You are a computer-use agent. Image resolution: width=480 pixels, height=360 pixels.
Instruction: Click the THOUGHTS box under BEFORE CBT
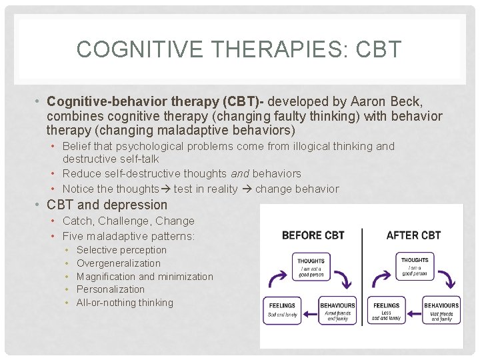pos(311,266)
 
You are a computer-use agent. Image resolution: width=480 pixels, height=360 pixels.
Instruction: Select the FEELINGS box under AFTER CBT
pos(386,311)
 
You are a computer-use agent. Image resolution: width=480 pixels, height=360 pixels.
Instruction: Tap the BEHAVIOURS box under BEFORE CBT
pos(337,311)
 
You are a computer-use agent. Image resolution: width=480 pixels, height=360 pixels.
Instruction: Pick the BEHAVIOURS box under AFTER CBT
pos(441,311)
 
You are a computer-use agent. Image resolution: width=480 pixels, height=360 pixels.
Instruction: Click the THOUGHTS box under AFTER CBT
pos(415,266)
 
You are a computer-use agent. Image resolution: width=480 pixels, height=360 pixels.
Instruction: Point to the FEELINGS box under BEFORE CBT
pos(282,311)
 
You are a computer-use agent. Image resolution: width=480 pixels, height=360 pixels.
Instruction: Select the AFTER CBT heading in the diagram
pos(413,235)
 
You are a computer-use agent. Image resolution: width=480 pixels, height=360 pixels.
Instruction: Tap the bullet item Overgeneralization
pos(119,263)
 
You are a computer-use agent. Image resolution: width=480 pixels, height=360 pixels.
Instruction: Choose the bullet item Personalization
pos(111,289)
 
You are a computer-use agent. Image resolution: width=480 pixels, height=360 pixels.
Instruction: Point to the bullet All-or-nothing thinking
pos(125,303)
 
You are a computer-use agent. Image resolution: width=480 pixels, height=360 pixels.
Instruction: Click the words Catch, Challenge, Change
pos(129,221)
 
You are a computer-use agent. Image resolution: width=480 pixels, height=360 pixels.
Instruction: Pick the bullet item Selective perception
pos(121,250)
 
